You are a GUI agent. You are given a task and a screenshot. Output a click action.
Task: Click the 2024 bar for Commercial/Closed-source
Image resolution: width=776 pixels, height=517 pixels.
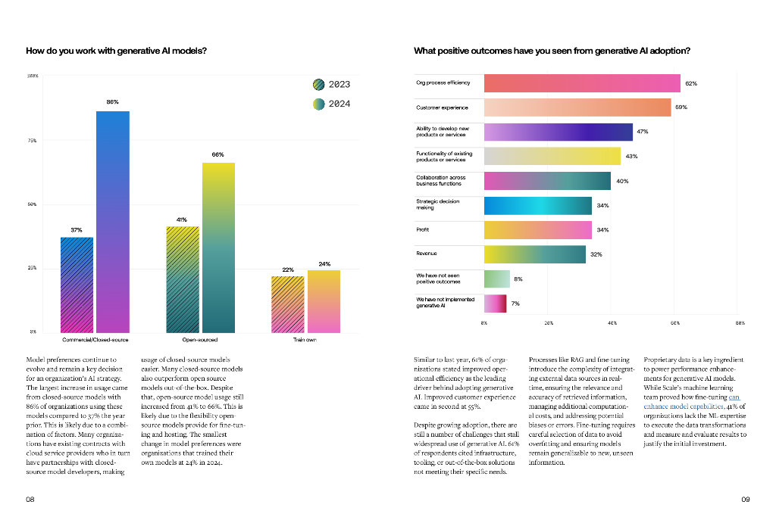coord(112,222)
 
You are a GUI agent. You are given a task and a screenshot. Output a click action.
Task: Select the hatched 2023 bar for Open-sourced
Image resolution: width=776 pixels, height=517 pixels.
coord(183,279)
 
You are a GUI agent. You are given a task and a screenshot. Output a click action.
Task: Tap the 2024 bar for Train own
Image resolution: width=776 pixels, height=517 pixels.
coord(324,301)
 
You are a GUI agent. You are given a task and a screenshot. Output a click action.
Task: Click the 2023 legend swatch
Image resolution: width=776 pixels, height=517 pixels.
coord(320,85)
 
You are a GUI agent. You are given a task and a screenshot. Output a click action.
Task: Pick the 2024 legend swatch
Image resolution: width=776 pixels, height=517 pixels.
coord(320,104)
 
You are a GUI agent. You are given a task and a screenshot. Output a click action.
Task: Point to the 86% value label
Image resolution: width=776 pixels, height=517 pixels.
coord(112,101)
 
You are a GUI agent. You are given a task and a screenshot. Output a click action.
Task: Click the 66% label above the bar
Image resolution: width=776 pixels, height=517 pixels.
coord(217,154)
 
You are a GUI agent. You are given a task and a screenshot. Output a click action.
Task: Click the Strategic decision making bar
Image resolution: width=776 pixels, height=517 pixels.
coord(537,206)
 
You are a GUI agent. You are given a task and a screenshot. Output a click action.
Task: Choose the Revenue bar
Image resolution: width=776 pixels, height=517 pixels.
coord(534,254)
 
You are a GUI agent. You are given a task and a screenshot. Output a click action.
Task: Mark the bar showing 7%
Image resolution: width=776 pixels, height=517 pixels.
coord(495,304)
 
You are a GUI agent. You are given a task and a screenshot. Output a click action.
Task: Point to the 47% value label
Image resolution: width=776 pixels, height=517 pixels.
coord(642,132)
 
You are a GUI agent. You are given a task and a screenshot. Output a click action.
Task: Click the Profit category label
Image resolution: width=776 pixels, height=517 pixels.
coord(423,229)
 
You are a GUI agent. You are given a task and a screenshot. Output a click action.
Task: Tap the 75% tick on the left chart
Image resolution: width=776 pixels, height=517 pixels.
coord(32,140)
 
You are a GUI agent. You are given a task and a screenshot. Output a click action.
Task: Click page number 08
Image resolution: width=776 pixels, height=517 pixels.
coord(30,500)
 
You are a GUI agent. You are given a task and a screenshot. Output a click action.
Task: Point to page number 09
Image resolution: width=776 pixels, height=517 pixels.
coord(745,500)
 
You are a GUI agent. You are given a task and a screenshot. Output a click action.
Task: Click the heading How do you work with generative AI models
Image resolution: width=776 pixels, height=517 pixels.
coord(117,51)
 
